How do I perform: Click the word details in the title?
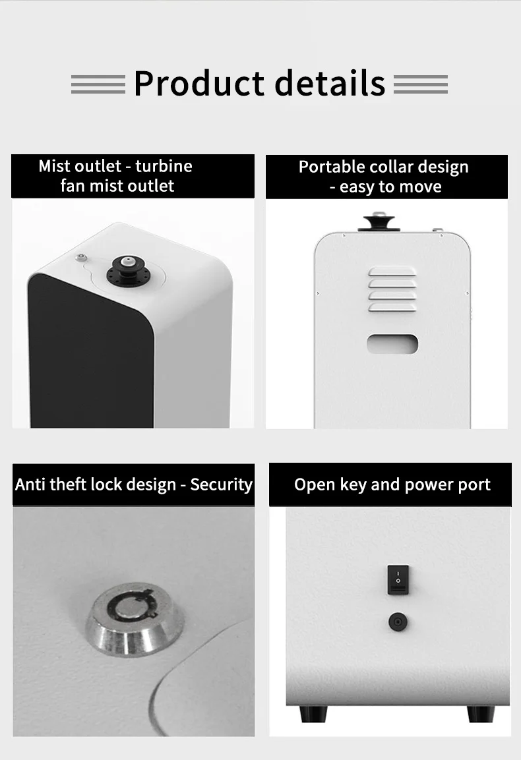coord(330,83)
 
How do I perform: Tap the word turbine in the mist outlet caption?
coord(164,166)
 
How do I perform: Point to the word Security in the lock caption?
coord(221,484)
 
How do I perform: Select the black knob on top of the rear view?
coord(379,223)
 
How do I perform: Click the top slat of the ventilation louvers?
coord(392,272)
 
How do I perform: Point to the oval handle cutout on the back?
coord(392,344)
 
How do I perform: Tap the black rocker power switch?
coord(398,579)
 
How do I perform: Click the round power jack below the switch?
coord(398,622)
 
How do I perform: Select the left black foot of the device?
coord(313,713)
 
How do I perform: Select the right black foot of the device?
coord(481,713)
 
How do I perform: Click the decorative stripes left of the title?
coord(98,84)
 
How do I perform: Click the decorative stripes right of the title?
coord(421,84)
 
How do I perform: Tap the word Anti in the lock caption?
coord(30,484)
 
